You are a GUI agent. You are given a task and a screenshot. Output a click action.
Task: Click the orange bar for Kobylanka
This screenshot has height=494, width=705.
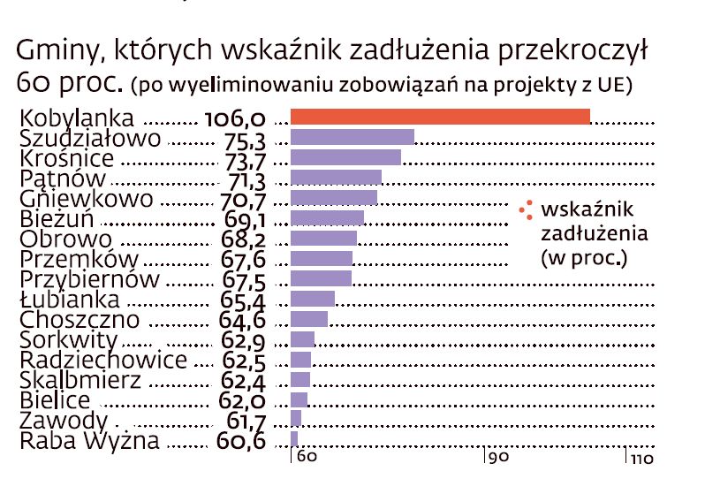coord(440,117)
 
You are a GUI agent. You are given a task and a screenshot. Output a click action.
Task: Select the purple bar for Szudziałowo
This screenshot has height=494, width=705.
coord(352,137)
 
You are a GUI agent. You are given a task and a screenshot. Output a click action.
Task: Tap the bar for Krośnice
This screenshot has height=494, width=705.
coord(345,157)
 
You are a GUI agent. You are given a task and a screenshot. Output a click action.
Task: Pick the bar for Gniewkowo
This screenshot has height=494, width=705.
coord(333,198)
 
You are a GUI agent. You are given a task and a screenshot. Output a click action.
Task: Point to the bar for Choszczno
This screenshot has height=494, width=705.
coord(308,319)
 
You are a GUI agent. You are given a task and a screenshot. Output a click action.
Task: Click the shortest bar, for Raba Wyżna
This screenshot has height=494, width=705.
coord(294,439)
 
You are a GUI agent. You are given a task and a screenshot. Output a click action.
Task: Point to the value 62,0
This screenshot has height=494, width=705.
coord(240,401)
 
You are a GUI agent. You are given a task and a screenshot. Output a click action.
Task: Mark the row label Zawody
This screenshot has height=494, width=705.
coord(64,421)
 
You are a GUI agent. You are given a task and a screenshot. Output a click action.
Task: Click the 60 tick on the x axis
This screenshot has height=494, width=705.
coord(306,458)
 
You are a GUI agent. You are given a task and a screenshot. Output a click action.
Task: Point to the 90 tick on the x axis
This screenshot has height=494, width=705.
coord(499,458)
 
